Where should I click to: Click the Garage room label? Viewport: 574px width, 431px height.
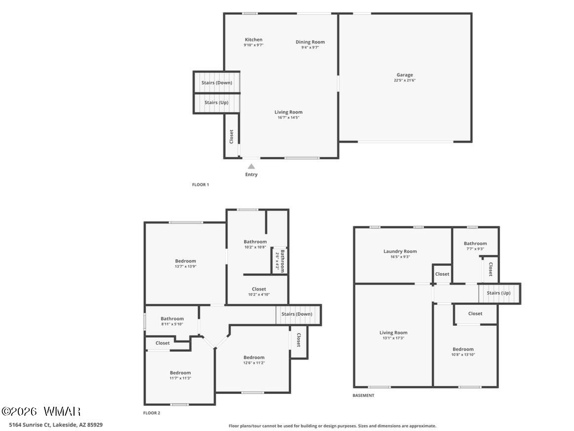point(405,75)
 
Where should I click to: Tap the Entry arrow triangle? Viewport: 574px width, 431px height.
point(251,167)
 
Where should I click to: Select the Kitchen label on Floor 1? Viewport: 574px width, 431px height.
point(254,40)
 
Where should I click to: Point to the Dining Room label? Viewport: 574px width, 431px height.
point(310,42)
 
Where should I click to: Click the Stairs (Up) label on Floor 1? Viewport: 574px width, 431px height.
point(216,103)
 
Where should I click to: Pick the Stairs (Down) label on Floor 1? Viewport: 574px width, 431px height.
point(217,83)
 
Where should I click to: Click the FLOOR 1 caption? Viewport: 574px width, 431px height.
point(200,185)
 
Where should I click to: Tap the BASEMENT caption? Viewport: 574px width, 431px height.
point(363,395)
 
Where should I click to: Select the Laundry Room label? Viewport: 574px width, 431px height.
point(400,252)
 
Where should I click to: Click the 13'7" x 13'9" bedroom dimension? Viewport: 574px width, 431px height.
point(186,266)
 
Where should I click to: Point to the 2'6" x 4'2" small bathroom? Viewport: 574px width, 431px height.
point(280,261)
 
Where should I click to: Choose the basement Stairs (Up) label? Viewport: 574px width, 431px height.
point(498,293)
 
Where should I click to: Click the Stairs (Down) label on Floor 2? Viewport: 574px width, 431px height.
point(297,314)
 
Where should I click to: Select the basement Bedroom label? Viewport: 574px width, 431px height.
point(463,349)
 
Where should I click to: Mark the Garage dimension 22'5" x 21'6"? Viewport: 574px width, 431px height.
point(405,80)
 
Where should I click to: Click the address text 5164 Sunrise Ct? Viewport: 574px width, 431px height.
point(30,425)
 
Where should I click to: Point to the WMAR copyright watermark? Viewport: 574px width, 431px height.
point(41,412)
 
